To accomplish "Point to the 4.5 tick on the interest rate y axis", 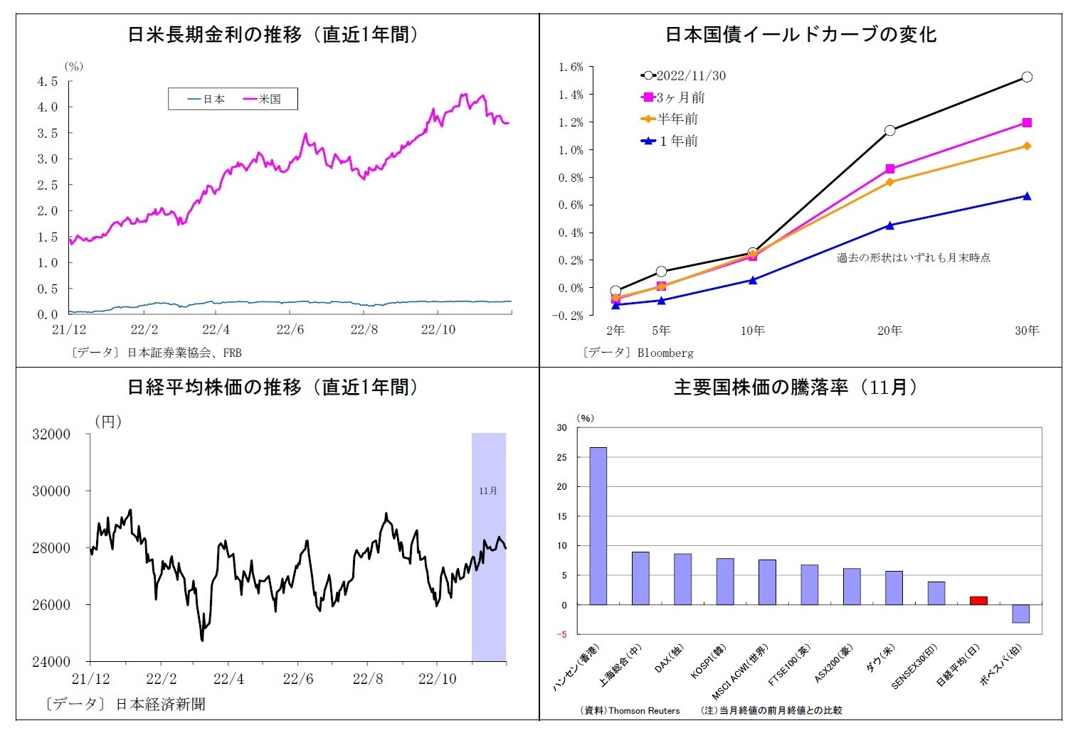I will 48,82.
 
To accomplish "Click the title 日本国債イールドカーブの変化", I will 800,34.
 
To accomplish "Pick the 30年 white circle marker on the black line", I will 1027,77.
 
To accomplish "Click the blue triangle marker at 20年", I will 890,225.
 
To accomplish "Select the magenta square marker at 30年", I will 1027,123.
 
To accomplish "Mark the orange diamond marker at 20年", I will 890,182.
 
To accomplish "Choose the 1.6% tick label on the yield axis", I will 571,68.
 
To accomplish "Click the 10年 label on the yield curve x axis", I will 753,331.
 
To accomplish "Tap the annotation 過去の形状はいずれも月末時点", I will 914,258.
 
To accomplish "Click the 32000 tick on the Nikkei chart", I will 51,434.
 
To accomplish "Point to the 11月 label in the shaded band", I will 488,491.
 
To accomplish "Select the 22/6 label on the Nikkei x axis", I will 298,679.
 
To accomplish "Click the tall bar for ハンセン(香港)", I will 598,526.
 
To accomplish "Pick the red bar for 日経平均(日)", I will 978,601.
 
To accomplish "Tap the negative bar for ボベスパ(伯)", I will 1021,614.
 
